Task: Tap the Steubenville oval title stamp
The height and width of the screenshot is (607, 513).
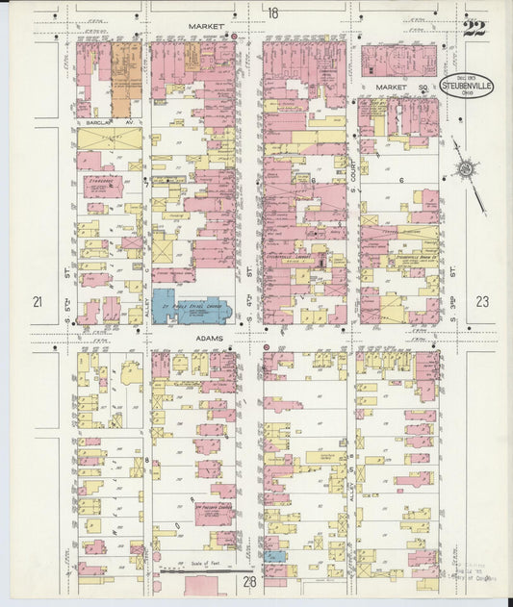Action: click(x=467, y=85)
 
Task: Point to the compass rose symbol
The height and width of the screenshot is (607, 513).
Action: click(x=465, y=170)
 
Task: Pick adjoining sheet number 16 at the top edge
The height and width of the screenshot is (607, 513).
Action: click(x=273, y=13)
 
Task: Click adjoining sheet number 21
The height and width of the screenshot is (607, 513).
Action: click(x=37, y=302)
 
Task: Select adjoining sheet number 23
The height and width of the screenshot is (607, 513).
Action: click(x=481, y=302)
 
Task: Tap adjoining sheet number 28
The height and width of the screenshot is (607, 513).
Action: click(x=249, y=582)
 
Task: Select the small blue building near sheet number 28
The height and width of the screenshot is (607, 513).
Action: click(x=275, y=556)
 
